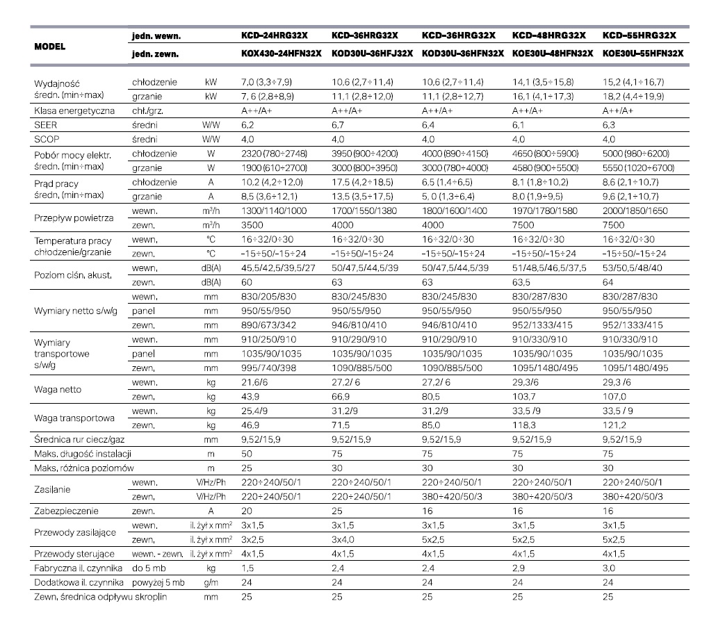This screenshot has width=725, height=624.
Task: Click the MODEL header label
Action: pyautogui.click(x=50, y=47)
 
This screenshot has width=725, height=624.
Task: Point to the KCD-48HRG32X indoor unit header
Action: pyautogui.click(x=549, y=35)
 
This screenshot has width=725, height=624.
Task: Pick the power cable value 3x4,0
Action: pyautogui.click(x=344, y=539)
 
